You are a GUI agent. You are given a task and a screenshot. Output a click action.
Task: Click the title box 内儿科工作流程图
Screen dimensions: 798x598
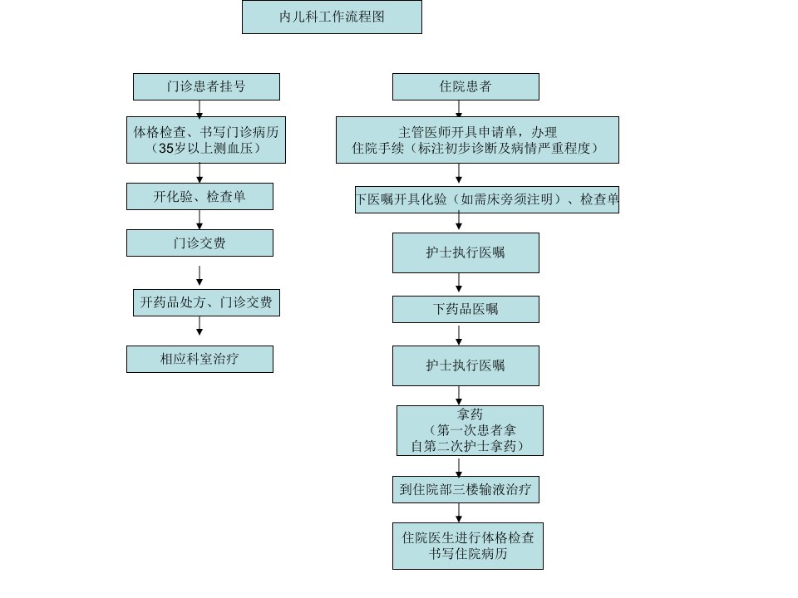click(x=332, y=17)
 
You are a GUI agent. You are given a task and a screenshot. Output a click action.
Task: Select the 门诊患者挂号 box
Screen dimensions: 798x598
click(x=206, y=86)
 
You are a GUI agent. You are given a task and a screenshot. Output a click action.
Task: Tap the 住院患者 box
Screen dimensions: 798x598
click(x=465, y=86)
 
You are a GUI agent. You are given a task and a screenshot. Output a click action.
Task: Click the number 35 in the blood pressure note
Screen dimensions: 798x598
click(x=166, y=149)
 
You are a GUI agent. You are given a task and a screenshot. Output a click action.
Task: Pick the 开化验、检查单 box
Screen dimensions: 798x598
click(x=199, y=196)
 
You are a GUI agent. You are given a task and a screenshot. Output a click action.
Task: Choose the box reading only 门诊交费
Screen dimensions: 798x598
click(x=199, y=243)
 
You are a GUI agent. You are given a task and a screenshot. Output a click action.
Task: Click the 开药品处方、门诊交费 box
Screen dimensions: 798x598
click(x=206, y=302)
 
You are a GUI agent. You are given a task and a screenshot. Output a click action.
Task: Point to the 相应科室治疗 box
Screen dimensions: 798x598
click(x=199, y=359)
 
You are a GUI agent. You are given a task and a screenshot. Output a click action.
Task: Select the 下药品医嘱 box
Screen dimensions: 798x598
click(x=465, y=309)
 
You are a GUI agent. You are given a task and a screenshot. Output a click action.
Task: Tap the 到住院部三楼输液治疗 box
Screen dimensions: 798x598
click(x=465, y=490)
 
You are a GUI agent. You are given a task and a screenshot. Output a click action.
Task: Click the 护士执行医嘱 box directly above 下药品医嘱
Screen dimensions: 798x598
click(x=465, y=252)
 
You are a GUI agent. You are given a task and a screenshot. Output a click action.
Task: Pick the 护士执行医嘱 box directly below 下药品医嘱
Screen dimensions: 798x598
click(x=465, y=365)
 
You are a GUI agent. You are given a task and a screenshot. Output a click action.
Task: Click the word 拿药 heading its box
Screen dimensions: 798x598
click(x=470, y=414)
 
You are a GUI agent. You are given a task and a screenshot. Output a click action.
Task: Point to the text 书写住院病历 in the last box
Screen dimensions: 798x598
click(x=468, y=553)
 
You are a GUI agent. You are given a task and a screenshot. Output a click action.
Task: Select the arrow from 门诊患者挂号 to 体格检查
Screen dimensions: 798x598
click(x=199, y=109)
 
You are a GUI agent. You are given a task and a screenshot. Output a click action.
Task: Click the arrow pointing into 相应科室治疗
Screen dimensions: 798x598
click(x=199, y=326)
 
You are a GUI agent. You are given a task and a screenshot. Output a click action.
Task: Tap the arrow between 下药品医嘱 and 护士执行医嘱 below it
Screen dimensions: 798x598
click(x=459, y=335)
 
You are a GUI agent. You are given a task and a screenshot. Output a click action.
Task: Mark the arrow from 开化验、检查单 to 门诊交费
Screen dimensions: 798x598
click(x=199, y=219)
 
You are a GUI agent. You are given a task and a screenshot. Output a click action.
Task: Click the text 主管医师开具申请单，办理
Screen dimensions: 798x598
click(x=477, y=133)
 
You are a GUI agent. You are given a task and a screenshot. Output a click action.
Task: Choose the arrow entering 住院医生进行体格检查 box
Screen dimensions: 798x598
click(x=459, y=513)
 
